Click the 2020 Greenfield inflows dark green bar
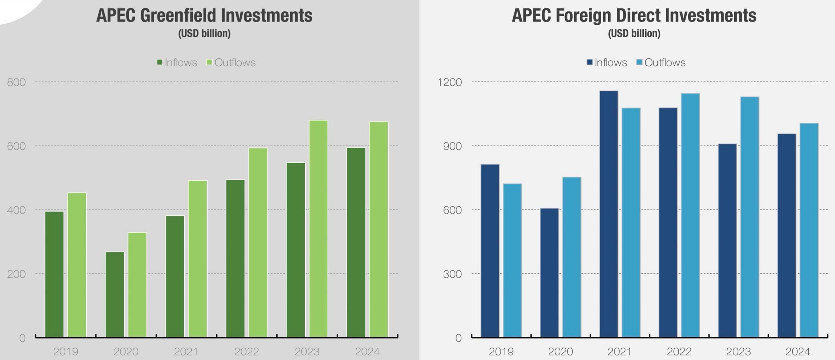click(115, 294)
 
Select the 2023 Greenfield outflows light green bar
click(318, 228)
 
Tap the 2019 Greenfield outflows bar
click(77, 265)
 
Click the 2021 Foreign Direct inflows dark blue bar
click(609, 214)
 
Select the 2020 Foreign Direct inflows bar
click(549, 272)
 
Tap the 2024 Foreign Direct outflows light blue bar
click(809, 230)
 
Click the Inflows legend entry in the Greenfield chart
click(177, 62)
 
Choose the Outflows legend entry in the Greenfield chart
click(231, 62)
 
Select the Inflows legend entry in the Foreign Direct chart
click(607, 62)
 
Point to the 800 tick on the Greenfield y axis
click(16, 82)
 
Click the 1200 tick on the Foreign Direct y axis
click(449, 82)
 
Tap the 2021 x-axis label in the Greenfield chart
click(186, 352)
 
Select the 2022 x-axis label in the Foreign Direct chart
click(679, 352)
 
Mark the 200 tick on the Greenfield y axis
click(16, 274)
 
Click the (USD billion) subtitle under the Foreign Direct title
click(634, 34)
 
